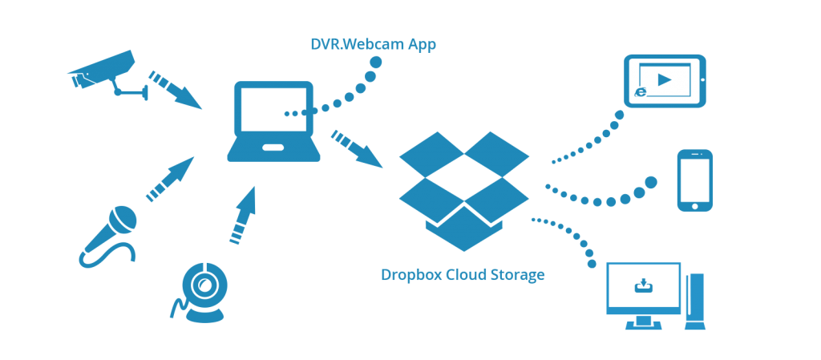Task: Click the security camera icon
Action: coord(104,71)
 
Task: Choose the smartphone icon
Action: coord(694,180)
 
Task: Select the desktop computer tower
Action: coord(695,301)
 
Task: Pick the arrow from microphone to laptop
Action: coord(169,180)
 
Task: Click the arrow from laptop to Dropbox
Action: coord(358,148)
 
